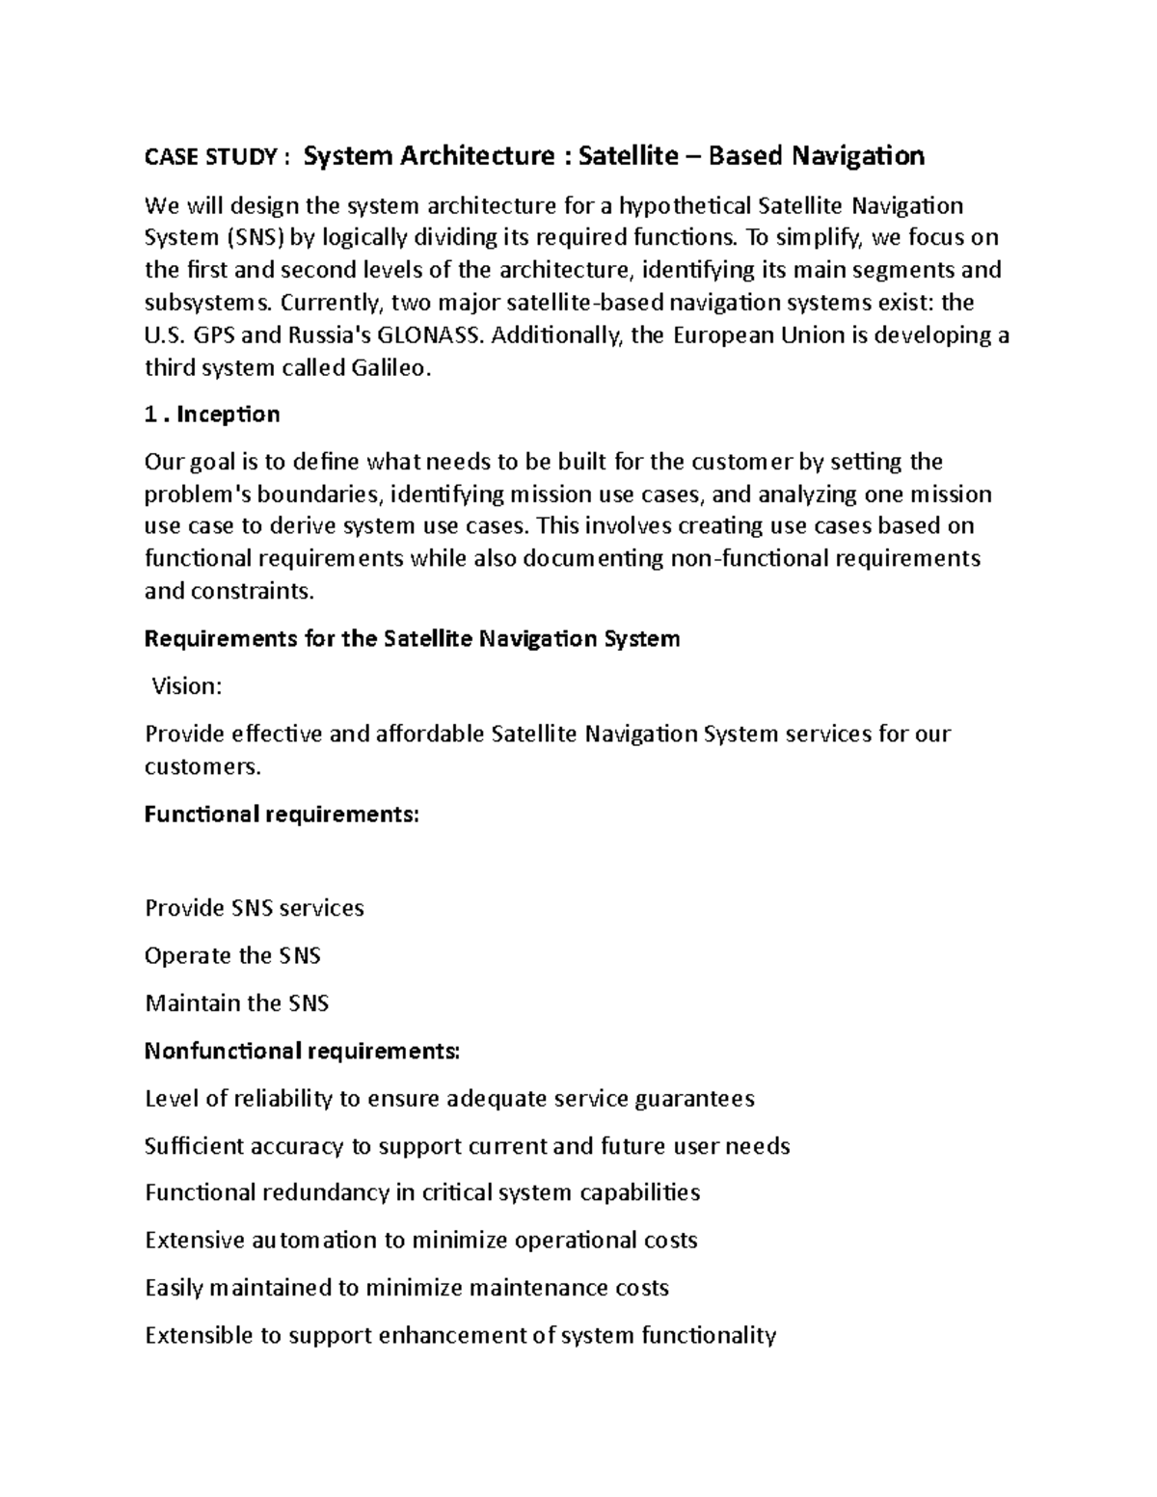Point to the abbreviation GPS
tap(213, 335)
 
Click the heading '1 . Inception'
tap(212, 414)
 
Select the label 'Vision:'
tap(187, 686)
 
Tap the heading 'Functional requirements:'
tap(282, 815)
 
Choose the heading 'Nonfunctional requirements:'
tap(302, 1051)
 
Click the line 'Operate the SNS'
tap(232, 956)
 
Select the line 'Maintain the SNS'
tap(236, 1003)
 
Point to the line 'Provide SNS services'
tap(254, 909)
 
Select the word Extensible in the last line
tap(198, 1336)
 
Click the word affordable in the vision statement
tap(422, 735)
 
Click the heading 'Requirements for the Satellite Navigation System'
tap(412, 639)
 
